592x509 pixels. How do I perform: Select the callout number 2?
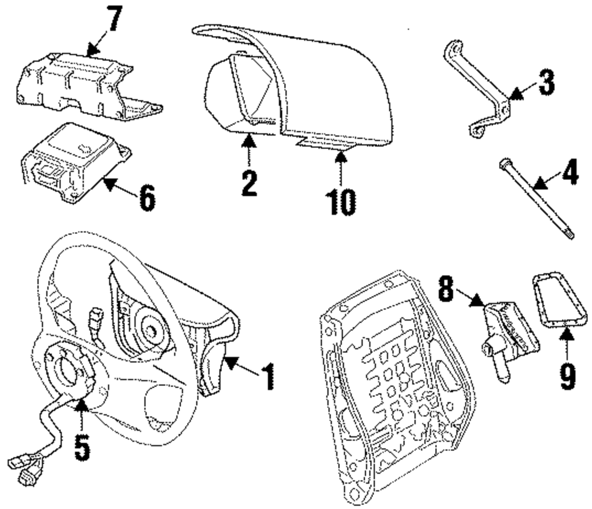point(249,182)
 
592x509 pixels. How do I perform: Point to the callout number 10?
point(341,202)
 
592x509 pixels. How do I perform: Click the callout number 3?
point(546,82)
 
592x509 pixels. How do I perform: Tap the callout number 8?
point(446,289)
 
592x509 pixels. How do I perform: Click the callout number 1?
point(269,376)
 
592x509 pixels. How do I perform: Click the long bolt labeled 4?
point(537,199)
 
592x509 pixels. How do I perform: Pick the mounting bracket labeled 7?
point(87,85)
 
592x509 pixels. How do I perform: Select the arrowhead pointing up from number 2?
point(249,141)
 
